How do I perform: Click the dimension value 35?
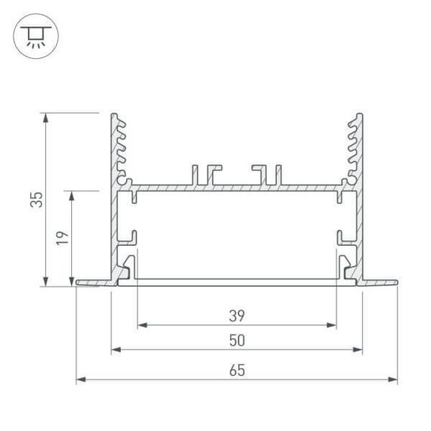(x=36, y=200)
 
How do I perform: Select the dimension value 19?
(x=63, y=237)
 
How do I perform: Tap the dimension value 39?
(x=237, y=315)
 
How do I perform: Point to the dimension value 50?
(x=237, y=340)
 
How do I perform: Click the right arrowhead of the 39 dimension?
(x=331, y=326)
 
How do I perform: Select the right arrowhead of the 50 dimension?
(x=357, y=350)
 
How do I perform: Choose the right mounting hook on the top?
(x=267, y=174)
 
